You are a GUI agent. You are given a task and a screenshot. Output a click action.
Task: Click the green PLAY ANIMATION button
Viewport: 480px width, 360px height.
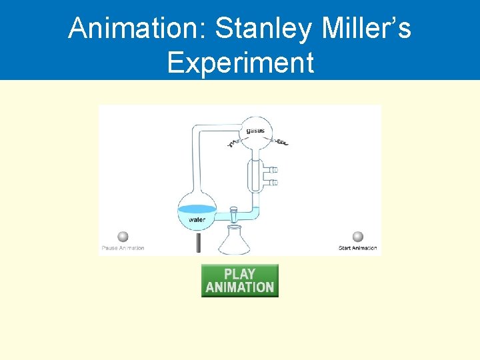(239, 281)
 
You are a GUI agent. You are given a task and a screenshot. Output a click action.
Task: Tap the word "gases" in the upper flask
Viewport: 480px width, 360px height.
(255, 131)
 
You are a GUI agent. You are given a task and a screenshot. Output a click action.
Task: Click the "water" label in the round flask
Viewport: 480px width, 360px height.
(197, 219)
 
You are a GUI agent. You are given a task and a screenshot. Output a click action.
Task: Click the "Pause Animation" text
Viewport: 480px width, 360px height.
(123, 248)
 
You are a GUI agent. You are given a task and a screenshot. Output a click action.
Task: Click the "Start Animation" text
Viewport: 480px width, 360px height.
(357, 248)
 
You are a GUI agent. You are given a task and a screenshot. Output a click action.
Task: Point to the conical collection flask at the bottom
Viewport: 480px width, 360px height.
(235, 241)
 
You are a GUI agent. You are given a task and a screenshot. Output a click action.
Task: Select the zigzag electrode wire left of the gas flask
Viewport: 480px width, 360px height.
(233, 143)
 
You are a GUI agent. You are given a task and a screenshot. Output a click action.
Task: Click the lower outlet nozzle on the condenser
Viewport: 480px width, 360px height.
(271, 182)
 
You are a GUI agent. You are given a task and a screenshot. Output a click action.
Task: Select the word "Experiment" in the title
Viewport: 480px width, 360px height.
(240, 63)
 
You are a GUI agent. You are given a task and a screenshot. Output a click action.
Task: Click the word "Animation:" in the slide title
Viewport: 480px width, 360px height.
(137, 28)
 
